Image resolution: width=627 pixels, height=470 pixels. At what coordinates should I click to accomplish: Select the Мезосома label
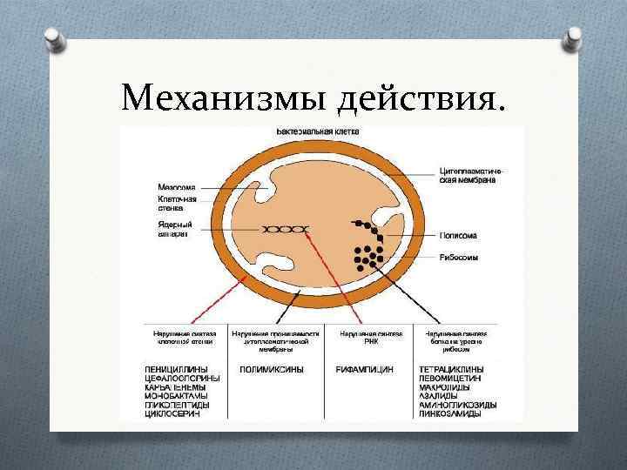[177, 186]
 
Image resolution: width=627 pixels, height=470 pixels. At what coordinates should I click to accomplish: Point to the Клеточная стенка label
[178, 205]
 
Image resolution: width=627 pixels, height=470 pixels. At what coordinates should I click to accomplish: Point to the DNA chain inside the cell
[286, 229]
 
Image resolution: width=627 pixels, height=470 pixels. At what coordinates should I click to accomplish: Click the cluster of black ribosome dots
[368, 255]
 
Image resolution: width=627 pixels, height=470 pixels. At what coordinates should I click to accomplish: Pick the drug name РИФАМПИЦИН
[364, 370]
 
